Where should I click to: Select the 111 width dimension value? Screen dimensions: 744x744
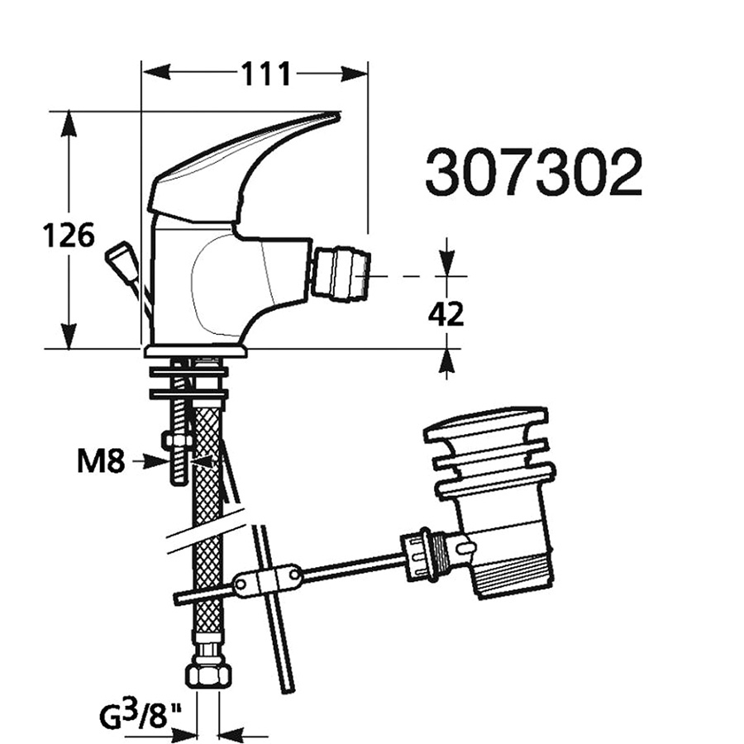(x=265, y=74)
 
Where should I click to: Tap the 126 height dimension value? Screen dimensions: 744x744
(x=69, y=236)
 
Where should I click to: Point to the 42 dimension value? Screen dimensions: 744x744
(x=446, y=314)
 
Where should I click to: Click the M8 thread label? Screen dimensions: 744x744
(x=101, y=461)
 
